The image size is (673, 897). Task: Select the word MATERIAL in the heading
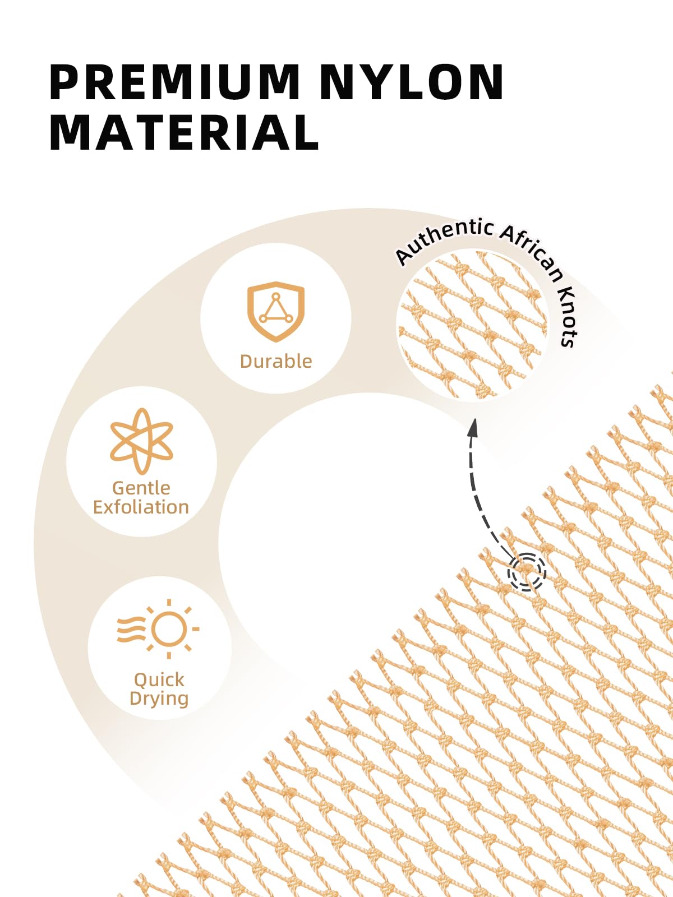pos(184,132)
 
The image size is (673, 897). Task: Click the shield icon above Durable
pos(276,311)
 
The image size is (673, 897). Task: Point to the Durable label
pos(276,361)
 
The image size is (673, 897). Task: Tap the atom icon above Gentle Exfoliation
pos(141,441)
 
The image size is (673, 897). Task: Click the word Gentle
pos(141,488)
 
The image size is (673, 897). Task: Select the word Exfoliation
pos(141,507)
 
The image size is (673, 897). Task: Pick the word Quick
pos(159,680)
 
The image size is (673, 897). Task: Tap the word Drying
pos(159,699)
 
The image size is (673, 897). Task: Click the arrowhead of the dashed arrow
pos(473,428)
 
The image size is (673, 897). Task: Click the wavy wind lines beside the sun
pos(131,630)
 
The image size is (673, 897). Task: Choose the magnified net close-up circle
pos(472,325)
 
